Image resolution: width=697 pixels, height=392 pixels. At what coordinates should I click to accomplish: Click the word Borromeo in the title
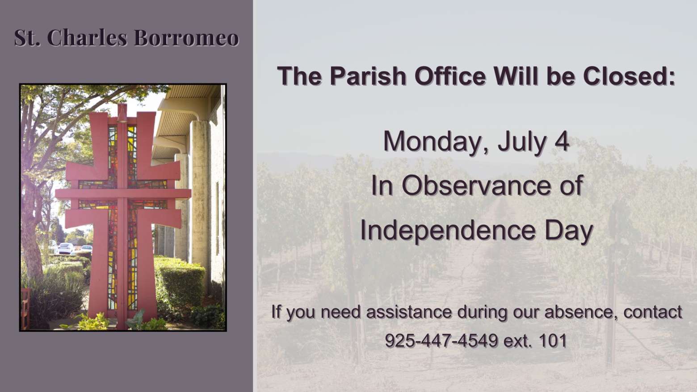(x=186, y=38)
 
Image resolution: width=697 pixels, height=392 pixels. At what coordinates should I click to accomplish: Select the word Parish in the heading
(x=368, y=76)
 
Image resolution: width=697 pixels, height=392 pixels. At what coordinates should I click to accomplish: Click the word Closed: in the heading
(x=629, y=76)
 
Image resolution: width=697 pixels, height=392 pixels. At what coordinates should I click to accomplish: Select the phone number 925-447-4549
(x=441, y=341)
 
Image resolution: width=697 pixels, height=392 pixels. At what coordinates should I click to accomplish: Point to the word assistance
(x=408, y=312)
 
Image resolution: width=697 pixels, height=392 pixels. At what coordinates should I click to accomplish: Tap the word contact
(x=653, y=312)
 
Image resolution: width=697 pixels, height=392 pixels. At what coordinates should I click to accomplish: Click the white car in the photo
(x=66, y=248)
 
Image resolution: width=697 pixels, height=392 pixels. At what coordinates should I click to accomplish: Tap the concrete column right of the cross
(x=201, y=199)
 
